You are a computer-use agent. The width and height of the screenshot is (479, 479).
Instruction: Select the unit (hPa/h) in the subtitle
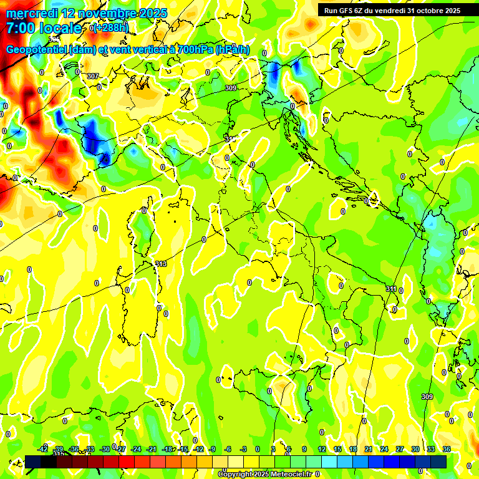(233, 50)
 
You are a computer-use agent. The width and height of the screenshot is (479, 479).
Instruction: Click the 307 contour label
(92, 76)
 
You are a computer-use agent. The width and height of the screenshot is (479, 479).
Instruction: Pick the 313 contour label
(161, 264)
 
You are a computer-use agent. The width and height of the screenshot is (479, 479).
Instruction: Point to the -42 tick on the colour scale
(42, 449)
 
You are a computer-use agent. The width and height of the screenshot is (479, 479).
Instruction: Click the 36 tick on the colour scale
(447, 449)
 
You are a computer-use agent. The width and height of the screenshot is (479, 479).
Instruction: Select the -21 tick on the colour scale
(152, 449)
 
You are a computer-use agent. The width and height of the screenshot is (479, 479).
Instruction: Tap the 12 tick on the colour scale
(322, 449)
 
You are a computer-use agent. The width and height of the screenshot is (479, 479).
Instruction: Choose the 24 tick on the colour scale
(384, 449)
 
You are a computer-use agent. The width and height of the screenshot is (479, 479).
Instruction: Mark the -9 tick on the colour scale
(212, 449)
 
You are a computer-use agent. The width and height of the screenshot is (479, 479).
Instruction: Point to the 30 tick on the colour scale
(415, 449)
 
